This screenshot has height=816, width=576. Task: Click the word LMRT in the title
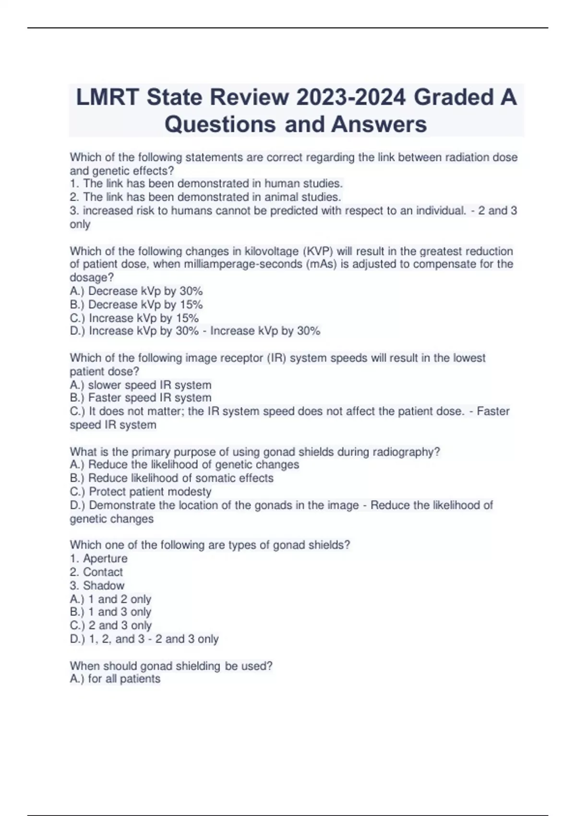tap(108, 97)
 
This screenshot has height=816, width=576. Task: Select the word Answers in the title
tap(379, 124)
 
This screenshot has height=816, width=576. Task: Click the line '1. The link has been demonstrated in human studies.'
tap(206, 183)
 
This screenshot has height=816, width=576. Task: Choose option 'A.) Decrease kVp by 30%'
tap(136, 291)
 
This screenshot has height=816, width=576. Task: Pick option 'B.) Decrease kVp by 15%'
tap(136, 304)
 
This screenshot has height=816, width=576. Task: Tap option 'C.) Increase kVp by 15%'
tap(134, 318)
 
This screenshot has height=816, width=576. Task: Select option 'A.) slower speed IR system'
tap(141, 385)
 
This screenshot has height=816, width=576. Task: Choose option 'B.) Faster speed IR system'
tap(141, 398)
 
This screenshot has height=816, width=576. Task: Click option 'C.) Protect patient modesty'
tap(141, 492)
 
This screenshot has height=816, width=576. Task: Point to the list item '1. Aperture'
tap(99, 559)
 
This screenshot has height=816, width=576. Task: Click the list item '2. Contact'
tap(96, 572)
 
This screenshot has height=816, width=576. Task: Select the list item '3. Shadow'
tap(97, 586)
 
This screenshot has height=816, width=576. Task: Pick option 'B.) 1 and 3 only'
tap(111, 612)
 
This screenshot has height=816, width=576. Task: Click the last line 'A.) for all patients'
tap(115, 679)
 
